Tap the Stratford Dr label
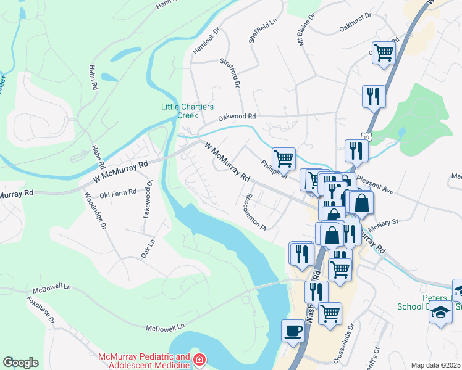coord(229,72)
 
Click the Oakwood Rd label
coord(237,116)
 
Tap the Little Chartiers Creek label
coord(179,110)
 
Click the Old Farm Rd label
coord(117,193)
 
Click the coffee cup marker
coord(293,331)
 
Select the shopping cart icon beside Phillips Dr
coord(283,158)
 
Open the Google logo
coord(20,363)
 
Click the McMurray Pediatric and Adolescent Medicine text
coord(145,361)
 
